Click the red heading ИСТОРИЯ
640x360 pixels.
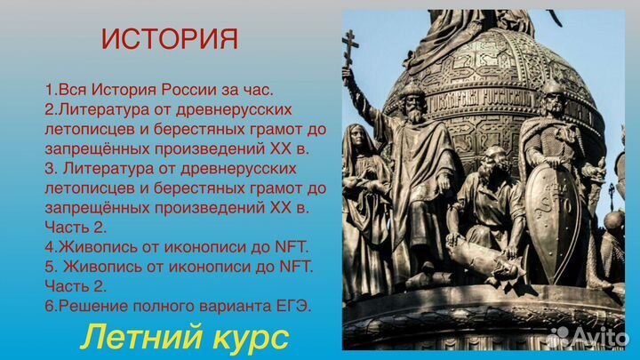[x=169, y=39]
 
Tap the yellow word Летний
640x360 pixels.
[x=126, y=338]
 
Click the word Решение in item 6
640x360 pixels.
[x=92, y=306]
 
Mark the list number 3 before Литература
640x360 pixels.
[x=48, y=169]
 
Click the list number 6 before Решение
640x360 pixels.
[x=49, y=306]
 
